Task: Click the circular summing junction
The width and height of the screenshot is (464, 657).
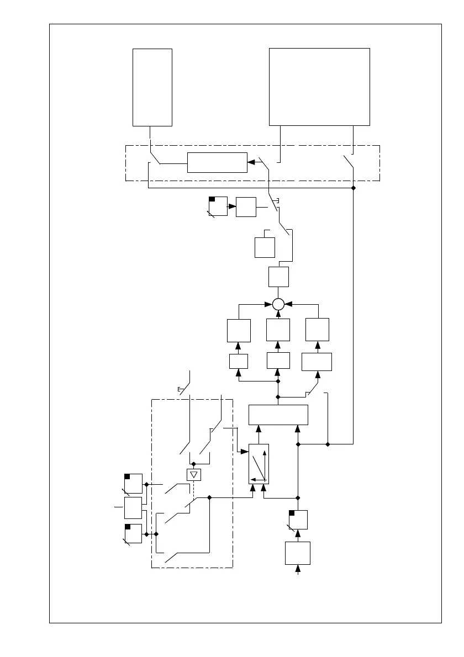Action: coord(278,304)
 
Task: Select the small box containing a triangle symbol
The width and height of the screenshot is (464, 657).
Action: coord(193,474)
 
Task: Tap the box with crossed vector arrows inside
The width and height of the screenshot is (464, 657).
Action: coord(259,464)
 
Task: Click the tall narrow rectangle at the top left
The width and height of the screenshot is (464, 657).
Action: coord(152,87)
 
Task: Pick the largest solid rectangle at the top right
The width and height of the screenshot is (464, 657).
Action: coord(319,87)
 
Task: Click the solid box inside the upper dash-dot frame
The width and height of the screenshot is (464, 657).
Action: coord(217,162)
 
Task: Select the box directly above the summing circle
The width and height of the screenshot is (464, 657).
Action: coord(278,277)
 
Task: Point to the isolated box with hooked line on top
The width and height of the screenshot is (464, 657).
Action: coord(265,247)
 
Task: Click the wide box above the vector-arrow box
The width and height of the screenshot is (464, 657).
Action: coord(278,415)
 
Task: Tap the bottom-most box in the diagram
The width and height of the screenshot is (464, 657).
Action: coord(298,553)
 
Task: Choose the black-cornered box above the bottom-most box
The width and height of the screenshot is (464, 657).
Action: coord(298,520)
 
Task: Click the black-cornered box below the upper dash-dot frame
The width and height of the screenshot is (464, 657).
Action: coord(218,206)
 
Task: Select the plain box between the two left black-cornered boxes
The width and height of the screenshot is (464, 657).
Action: coord(133,507)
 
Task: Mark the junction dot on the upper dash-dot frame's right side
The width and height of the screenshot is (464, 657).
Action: coord(354,188)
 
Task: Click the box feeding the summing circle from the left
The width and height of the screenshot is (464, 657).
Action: coord(239,330)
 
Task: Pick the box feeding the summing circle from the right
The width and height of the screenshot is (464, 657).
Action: coord(317,330)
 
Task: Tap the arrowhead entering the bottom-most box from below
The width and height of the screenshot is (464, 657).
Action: coord(299,568)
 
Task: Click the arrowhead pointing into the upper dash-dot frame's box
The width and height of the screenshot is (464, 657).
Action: coord(251,162)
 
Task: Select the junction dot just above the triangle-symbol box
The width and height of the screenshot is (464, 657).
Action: coord(193,463)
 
